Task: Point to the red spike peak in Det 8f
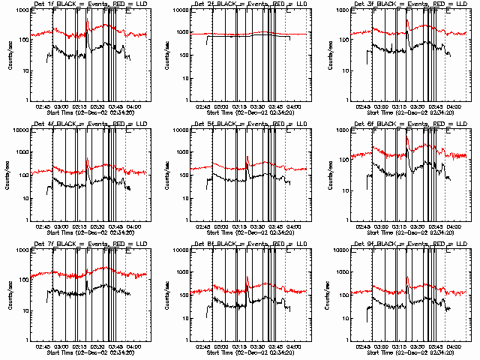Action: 246,277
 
